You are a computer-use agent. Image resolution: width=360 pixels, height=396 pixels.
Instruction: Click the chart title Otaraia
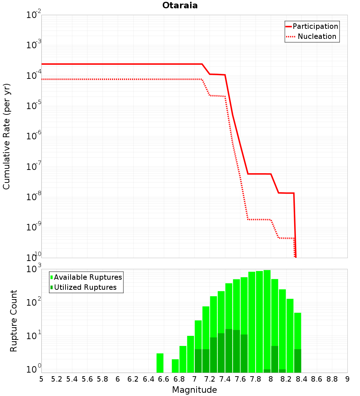(x=180, y=5)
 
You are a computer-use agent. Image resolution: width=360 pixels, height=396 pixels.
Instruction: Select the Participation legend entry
(x=312, y=26)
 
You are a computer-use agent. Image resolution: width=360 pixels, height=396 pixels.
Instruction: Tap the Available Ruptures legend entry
(x=86, y=277)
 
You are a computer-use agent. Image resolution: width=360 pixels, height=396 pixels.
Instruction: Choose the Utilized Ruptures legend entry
(x=84, y=287)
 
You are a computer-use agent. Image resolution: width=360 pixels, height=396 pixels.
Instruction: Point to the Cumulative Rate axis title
(x=6, y=136)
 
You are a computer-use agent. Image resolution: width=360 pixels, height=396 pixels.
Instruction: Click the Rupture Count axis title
(x=13, y=321)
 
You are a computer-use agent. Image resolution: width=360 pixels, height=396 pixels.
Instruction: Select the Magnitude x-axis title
(x=194, y=390)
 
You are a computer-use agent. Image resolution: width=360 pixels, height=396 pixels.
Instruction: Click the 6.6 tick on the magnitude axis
(x=164, y=379)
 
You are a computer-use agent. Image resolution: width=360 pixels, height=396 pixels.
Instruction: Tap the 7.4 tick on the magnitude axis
(x=225, y=379)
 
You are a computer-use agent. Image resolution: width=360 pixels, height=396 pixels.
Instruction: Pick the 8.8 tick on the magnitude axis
(x=332, y=379)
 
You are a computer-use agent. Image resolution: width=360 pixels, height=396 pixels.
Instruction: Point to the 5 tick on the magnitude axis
(x=41, y=379)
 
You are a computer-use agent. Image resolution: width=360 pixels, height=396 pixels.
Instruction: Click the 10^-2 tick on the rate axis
(x=33, y=14)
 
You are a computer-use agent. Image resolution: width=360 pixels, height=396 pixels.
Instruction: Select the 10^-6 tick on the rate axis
(x=33, y=136)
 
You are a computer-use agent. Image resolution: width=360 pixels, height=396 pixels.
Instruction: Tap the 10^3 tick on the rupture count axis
(x=33, y=269)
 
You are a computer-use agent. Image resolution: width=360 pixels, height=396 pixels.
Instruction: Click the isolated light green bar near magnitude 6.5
(x=160, y=363)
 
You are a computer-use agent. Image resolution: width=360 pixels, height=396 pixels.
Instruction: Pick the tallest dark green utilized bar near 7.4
(x=229, y=351)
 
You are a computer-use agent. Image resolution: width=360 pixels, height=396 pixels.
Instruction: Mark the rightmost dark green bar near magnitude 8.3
(x=298, y=361)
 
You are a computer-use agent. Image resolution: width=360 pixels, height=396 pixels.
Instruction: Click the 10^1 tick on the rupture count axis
(x=33, y=336)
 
